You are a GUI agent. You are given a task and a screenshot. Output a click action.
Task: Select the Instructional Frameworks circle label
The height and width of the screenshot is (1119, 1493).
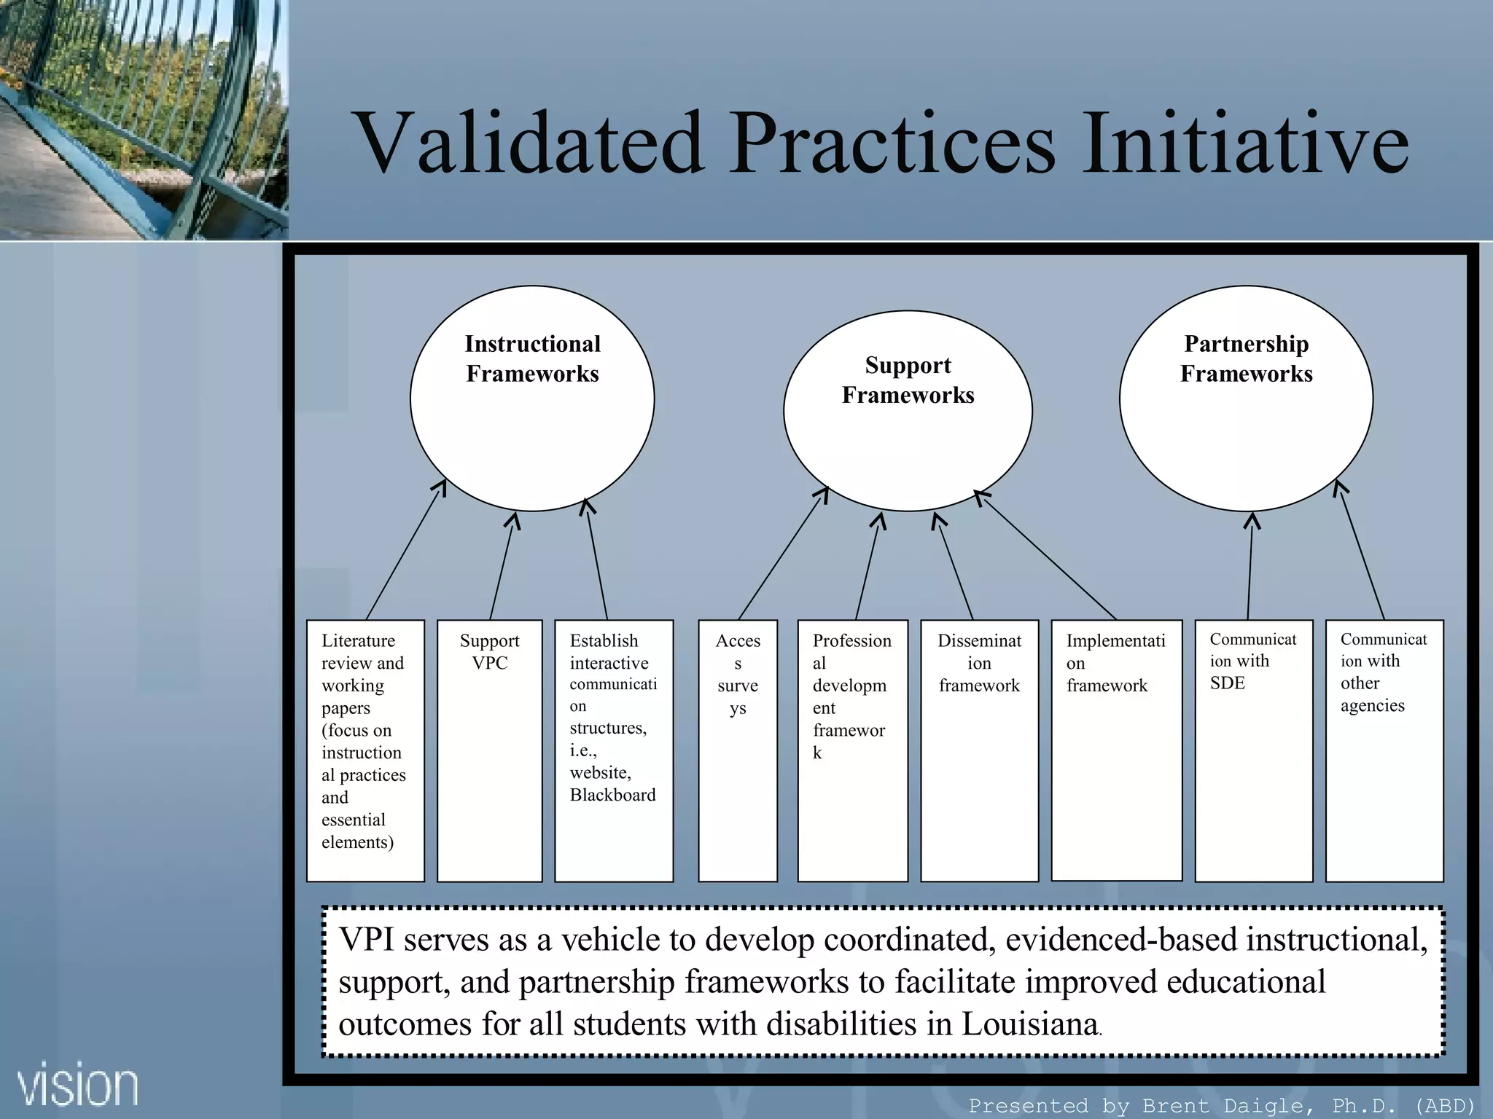(x=532, y=358)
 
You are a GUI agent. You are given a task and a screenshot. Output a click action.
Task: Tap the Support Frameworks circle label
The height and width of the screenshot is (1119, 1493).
(x=908, y=380)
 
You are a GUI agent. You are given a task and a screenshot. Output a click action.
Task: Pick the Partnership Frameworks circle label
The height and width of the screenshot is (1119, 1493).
(x=1246, y=358)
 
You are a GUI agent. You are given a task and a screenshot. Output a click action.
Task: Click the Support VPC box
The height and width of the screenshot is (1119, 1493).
(x=489, y=750)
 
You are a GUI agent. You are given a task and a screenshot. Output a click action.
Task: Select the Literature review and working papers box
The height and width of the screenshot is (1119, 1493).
(x=365, y=750)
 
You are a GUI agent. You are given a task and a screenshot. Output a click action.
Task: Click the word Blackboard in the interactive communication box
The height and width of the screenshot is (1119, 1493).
(x=612, y=795)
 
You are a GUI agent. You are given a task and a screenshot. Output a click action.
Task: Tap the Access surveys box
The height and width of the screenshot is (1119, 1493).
(x=738, y=750)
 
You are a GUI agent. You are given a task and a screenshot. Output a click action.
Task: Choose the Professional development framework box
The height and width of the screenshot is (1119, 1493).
(x=852, y=750)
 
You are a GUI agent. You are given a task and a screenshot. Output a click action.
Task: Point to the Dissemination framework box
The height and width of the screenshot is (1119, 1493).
(x=979, y=750)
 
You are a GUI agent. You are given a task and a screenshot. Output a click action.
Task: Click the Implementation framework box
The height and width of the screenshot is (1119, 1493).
(x=1116, y=750)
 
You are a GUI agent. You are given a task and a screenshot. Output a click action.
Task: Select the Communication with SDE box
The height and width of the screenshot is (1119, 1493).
(x=1253, y=750)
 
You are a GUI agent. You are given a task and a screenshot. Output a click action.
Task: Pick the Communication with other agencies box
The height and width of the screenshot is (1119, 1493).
(x=1384, y=750)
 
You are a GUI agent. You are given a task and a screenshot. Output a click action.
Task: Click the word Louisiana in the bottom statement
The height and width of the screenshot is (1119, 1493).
(x=1029, y=1024)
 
